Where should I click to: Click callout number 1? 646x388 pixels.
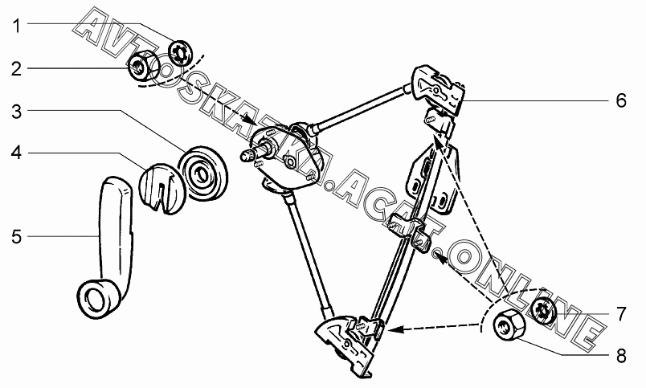pyautogui.click(x=16, y=26)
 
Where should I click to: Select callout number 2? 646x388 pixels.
pyautogui.click(x=16, y=69)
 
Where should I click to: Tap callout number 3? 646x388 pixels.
pyautogui.click(x=16, y=111)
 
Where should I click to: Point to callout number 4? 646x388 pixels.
pyautogui.click(x=16, y=153)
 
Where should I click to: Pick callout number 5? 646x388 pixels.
pyautogui.click(x=16, y=237)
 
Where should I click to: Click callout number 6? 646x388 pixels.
pyautogui.click(x=621, y=100)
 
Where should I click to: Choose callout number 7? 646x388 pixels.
pyautogui.click(x=621, y=314)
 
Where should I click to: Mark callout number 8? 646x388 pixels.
pyautogui.click(x=621, y=356)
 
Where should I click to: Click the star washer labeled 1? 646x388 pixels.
pyautogui.click(x=181, y=53)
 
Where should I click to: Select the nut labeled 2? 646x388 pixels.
pyautogui.click(x=142, y=67)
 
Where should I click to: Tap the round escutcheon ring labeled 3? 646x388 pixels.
pyautogui.click(x=203, y=174)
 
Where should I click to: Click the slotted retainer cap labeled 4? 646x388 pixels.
pyautogui.click(x=160, y=189)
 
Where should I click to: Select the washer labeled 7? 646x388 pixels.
pyautogui.click(x=544, y=310)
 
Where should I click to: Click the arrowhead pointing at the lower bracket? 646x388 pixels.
pyautogui.click(x=393, y=329)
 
